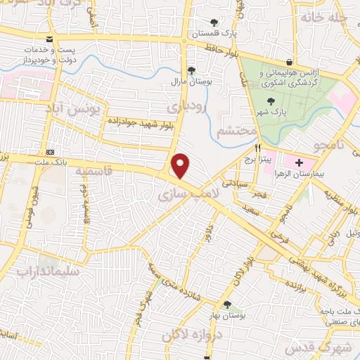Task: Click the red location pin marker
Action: tap(181, 166)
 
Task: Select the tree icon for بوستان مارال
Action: tap(191, 70)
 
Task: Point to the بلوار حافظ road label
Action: tap(220, 49)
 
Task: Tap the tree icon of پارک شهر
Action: tap(262, 101)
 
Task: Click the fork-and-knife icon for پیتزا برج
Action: tap(258, 148)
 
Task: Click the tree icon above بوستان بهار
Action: tap(226, 304)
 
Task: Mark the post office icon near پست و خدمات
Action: tap(48, 39)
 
